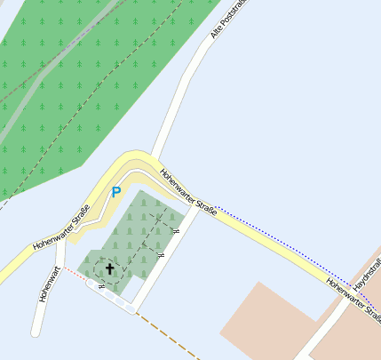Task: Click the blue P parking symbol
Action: pos(115,191)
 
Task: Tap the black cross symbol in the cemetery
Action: pos(110,268)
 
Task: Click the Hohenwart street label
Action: pos(49,284)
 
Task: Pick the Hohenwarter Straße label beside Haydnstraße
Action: pos(353,300)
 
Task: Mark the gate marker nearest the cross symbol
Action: pos(102,287)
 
